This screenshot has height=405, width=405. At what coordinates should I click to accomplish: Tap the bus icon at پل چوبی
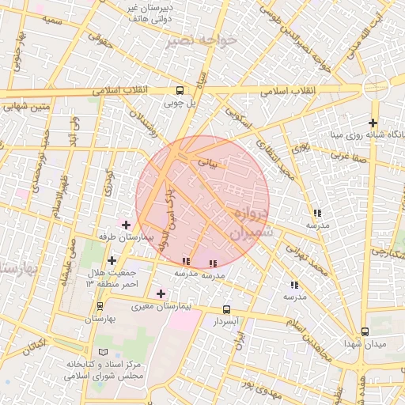(180, 90)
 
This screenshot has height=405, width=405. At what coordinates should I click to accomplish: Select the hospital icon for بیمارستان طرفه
(126, 225)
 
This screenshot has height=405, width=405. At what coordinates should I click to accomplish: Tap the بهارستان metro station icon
(100, 305)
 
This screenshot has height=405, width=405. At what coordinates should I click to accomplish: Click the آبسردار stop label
(225, 323)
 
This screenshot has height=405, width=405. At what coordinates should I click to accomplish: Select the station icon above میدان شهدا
(365, 331)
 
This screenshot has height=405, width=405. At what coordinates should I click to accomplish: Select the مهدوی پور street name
(260, 388)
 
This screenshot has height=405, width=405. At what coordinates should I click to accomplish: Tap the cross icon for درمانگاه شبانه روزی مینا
(373, 123)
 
